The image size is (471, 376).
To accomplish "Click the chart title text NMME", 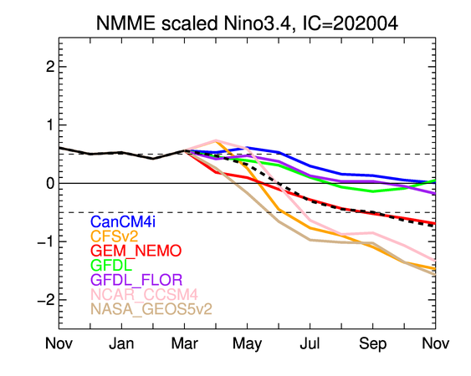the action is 125,23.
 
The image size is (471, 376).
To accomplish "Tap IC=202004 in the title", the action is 351,23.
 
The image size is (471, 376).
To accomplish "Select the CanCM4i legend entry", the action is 123,221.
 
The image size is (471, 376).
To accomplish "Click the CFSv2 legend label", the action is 114,236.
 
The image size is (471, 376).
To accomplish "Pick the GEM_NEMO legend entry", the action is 136,251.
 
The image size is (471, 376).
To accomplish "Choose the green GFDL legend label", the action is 111,265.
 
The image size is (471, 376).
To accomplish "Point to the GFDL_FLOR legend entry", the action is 136,280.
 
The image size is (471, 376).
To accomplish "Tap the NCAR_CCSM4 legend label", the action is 144,294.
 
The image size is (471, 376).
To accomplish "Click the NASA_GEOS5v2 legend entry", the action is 151,309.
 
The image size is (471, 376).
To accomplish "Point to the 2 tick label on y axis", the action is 50,67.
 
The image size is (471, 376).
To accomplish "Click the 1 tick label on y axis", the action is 50,124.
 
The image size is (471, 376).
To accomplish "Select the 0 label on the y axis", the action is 50,183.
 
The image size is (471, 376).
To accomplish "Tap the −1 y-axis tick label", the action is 46,241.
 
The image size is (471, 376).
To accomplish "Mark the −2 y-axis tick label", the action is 46,299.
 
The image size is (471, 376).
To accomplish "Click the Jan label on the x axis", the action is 121,343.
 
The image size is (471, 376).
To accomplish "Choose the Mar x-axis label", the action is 184,343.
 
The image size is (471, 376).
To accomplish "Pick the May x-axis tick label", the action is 248,344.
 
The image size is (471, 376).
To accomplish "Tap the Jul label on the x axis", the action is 310,343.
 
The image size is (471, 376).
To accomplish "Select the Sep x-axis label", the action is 373,344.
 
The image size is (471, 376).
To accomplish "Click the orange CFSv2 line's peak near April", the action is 217,140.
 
